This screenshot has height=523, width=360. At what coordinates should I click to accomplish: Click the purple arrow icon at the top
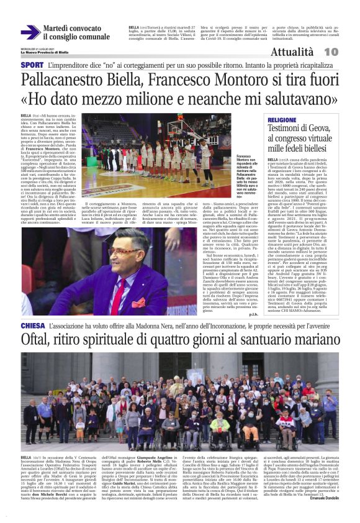coord(30,32)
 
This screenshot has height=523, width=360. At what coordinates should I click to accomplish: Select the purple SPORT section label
coord(32,65)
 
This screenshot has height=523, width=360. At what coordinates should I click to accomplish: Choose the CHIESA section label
coord(33,325)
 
